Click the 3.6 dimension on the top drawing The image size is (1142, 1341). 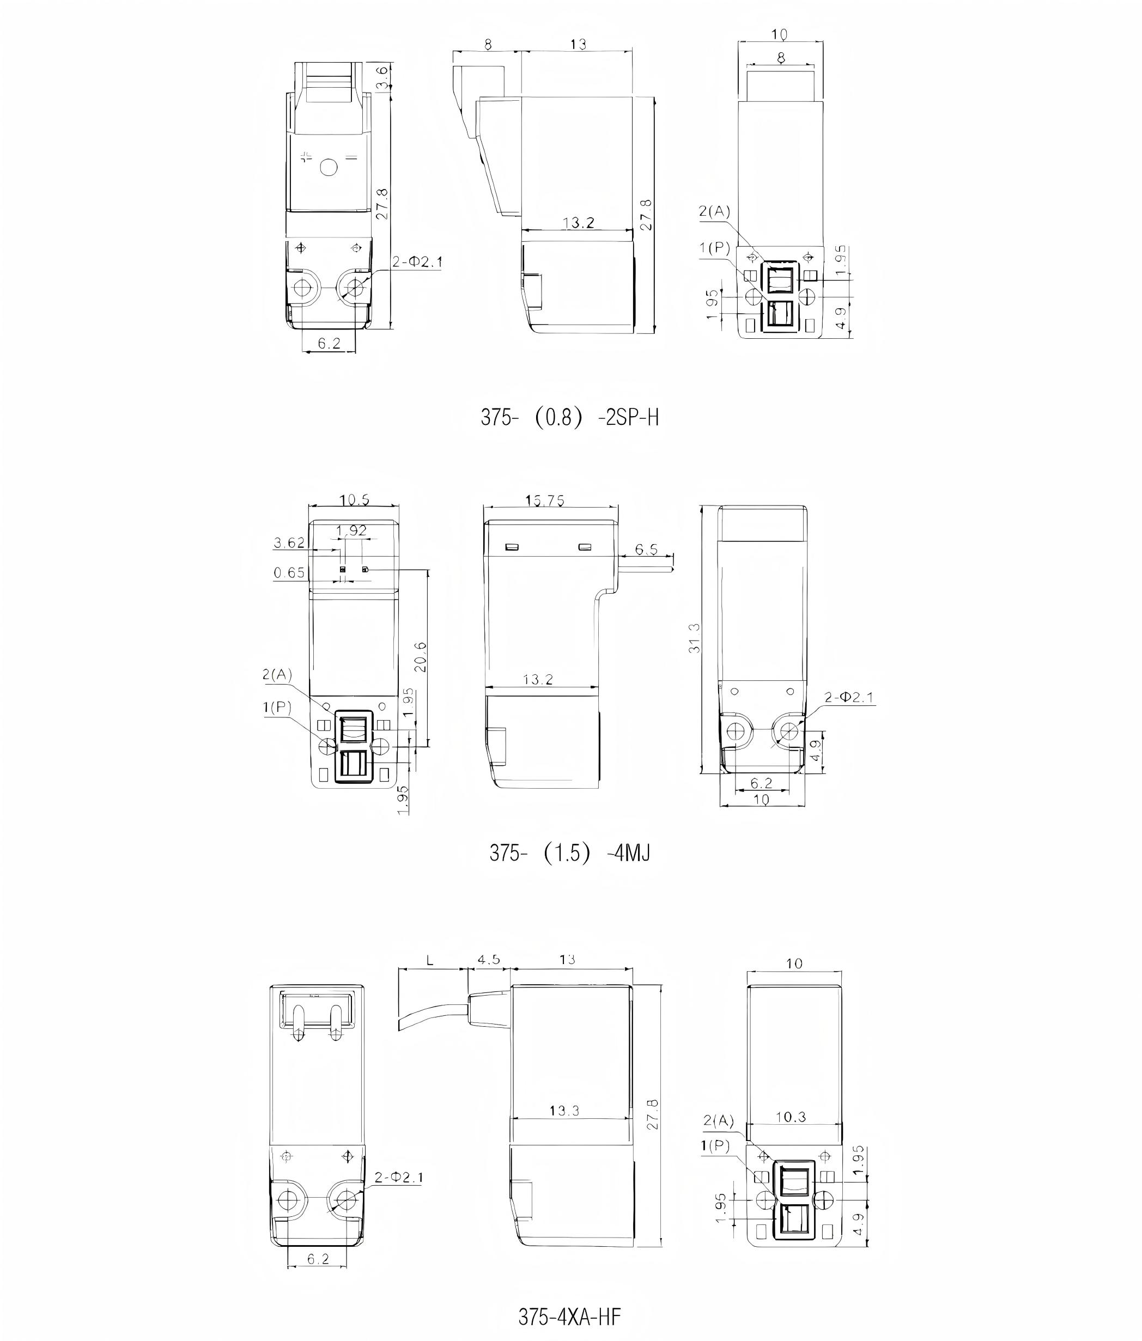382,78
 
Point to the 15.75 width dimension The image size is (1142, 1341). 544,500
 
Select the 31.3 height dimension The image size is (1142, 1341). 695,638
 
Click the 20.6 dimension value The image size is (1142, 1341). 420,657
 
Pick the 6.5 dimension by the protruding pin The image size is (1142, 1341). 646,550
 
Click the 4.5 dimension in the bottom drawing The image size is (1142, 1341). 489,959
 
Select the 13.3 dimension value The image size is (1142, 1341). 564,1111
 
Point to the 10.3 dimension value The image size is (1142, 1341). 791,1117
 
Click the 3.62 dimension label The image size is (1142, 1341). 289,543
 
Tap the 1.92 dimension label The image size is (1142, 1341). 351,531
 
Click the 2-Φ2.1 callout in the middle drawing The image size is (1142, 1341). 849,697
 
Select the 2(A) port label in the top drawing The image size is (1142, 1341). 714,211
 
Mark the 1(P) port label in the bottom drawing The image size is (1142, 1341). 715,1146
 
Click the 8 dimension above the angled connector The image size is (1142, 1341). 488,44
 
